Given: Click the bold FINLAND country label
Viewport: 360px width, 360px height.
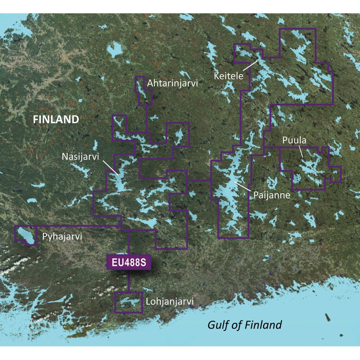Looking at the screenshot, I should tap(56, 120).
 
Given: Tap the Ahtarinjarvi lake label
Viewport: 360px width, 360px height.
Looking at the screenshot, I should tap(172, 84).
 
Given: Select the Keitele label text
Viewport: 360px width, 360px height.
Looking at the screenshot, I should tap(228, 76).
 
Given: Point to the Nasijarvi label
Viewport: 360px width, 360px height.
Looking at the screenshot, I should tap(80, 157).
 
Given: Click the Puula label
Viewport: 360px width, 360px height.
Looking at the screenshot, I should tap(294, 140).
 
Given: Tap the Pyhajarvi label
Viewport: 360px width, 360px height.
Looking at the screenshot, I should tap(62, 237).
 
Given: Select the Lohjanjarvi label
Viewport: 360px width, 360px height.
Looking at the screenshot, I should tap(170, 301).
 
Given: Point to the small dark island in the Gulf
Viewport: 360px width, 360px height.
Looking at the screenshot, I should tap(328, 318).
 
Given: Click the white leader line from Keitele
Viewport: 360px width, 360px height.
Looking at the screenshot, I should tap(250, 66).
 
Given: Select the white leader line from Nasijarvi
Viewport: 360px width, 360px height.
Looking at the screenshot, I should tap(109, 167).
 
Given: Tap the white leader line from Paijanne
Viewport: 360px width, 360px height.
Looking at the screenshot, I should tap(243, 186).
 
